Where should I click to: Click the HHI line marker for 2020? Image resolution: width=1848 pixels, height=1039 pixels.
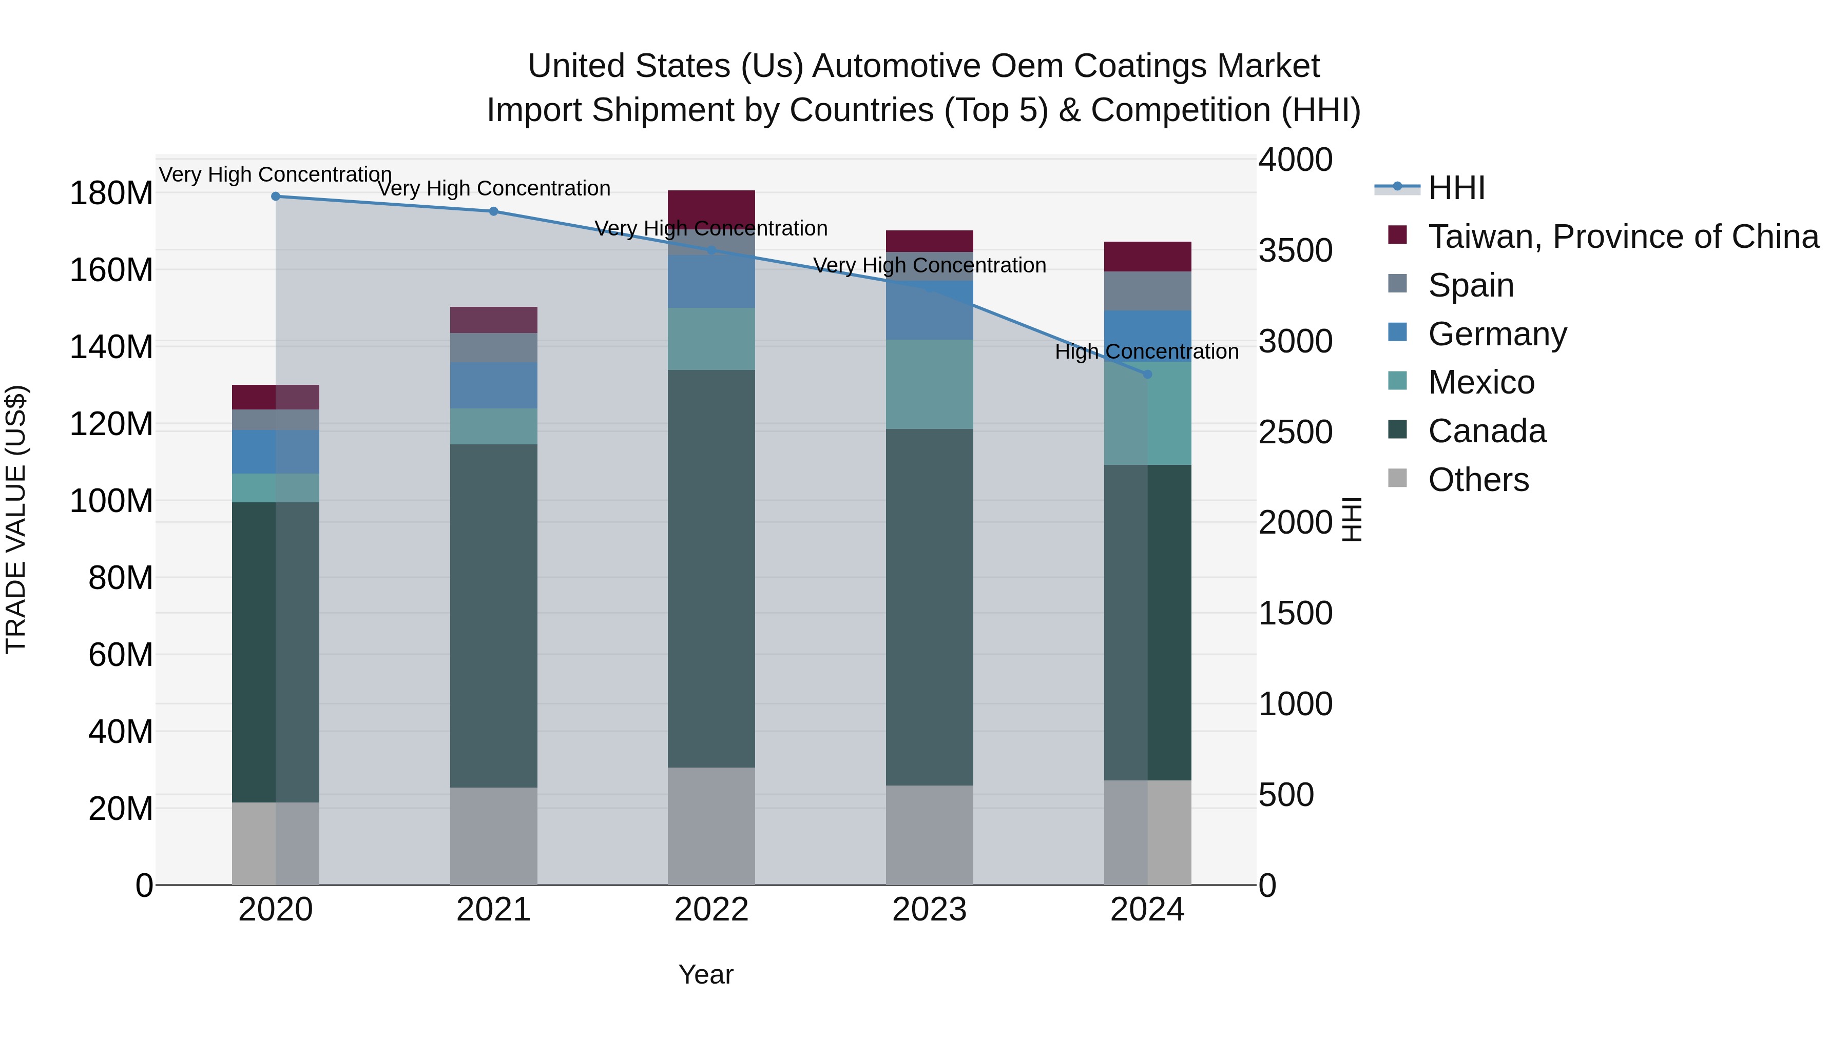276,197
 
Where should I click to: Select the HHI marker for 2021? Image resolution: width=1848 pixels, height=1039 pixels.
493,211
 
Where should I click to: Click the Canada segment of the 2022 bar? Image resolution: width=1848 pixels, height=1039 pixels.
711,568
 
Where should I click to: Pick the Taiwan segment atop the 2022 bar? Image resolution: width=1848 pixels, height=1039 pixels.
711,208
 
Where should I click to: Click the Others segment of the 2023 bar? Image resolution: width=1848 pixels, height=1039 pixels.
929,835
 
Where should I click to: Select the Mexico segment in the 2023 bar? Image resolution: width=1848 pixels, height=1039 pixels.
929,384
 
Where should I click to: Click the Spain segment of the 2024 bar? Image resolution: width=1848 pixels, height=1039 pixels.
1147,291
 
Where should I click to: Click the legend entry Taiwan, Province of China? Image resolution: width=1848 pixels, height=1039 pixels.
1623,237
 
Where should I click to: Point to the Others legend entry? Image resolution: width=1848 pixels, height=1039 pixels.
1478,480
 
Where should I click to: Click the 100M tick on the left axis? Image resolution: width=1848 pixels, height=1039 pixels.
111,501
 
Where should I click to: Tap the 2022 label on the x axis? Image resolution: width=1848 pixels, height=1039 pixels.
711,910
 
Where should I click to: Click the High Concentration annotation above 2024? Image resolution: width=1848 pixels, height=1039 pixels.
1146,352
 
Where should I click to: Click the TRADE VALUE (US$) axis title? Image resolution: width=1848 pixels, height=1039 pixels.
16,519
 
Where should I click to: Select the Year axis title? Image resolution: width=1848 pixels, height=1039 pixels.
706,974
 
